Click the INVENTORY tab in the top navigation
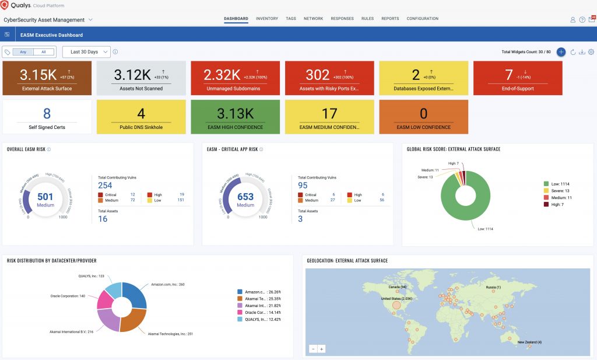[x=266, y=19]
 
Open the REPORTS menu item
[x=390, y=19]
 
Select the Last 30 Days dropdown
[x=86, y=52]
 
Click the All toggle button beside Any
[x=44, y=52]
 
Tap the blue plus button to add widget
[x=561, y=52]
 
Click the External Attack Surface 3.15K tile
[x=47, y=78]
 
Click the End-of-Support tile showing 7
[x=518, y=78]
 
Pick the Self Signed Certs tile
[x=47, y=117]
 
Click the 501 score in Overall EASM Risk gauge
[x=45, y=197]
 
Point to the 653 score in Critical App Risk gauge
[x=245, y=197]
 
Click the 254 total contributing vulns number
[x=105, y=186]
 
